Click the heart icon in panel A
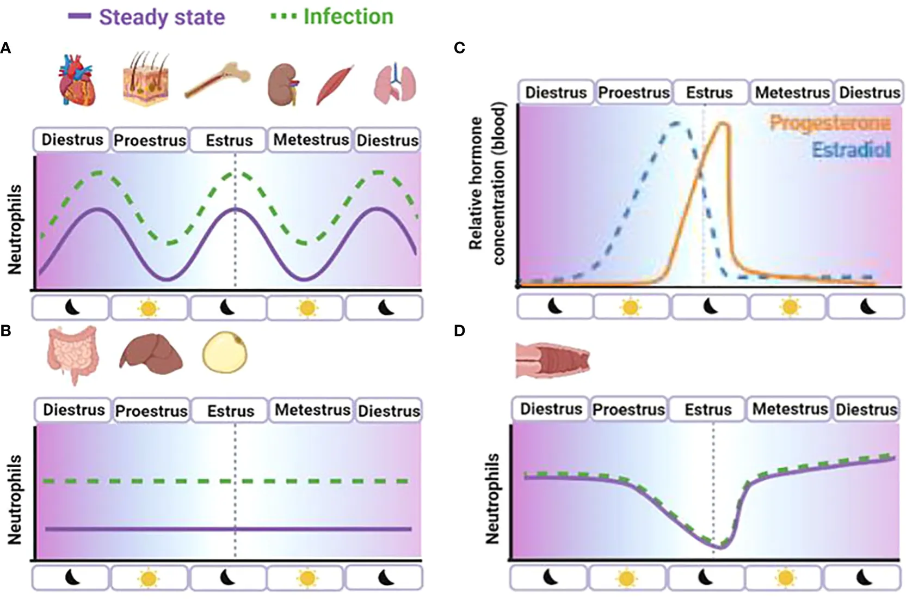(77, 80)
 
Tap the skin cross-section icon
(145, 79)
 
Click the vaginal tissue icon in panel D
(552, 360)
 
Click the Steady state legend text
(162, 17)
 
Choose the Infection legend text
(348, 16)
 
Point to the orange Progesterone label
(830, 123)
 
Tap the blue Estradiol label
(851, 149)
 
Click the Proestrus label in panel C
(634, 93)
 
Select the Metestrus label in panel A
(311, 140)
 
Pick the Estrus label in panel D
(708, 409)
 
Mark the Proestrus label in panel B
(151, 411)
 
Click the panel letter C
(459, 48)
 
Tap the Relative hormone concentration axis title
(487, 184)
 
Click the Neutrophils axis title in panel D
(492, 498)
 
